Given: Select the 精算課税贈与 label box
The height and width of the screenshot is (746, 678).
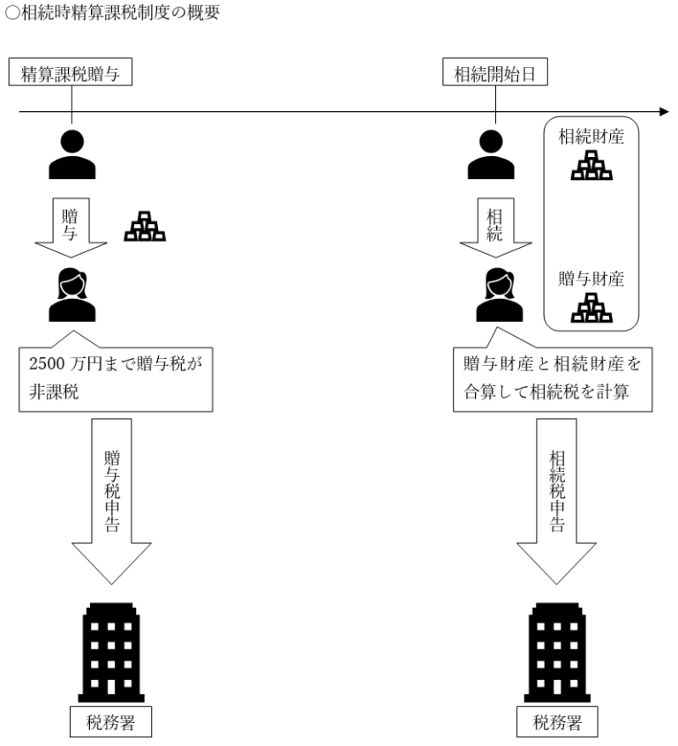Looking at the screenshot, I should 71,74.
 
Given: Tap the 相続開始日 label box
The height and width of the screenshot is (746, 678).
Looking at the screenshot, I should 495,74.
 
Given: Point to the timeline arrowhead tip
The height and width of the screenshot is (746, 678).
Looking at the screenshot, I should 667,113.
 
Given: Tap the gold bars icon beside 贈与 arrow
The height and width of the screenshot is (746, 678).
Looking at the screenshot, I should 144,228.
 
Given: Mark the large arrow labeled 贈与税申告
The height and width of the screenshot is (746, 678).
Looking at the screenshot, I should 112,498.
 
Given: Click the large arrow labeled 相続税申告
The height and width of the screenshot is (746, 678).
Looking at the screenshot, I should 557,498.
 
